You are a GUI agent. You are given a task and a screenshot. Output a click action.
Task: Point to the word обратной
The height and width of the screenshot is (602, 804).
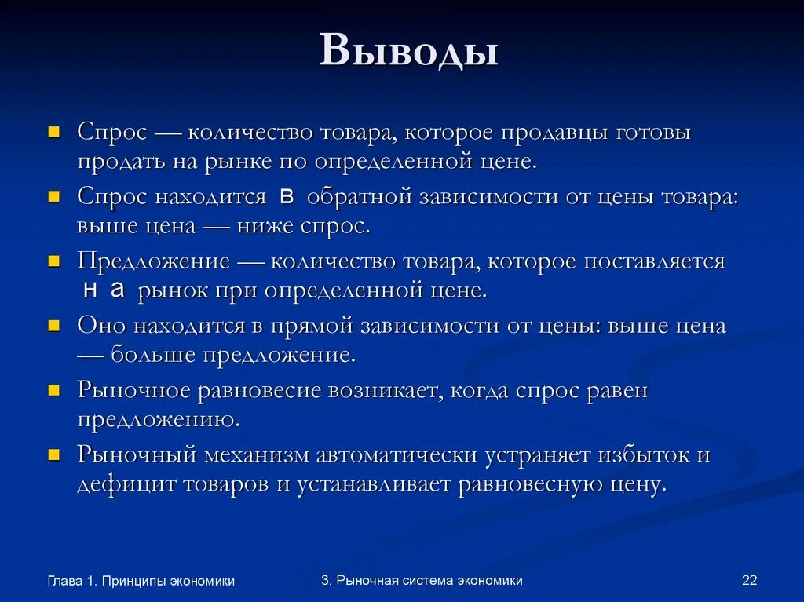pos(360,197)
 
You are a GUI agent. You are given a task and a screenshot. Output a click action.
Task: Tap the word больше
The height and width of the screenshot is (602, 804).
pos(154,355)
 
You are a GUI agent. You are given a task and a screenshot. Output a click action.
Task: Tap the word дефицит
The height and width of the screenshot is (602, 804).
pos(127,484)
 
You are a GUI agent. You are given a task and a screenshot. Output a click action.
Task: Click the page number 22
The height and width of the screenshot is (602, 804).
pos(749,580)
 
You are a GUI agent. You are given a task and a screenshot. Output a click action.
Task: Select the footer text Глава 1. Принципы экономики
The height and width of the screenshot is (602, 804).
pos(141,581)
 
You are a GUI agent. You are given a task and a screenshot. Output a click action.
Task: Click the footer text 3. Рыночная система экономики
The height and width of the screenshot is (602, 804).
pos(422,580)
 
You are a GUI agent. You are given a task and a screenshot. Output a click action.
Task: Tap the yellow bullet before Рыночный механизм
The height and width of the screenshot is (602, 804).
pos(54,454)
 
